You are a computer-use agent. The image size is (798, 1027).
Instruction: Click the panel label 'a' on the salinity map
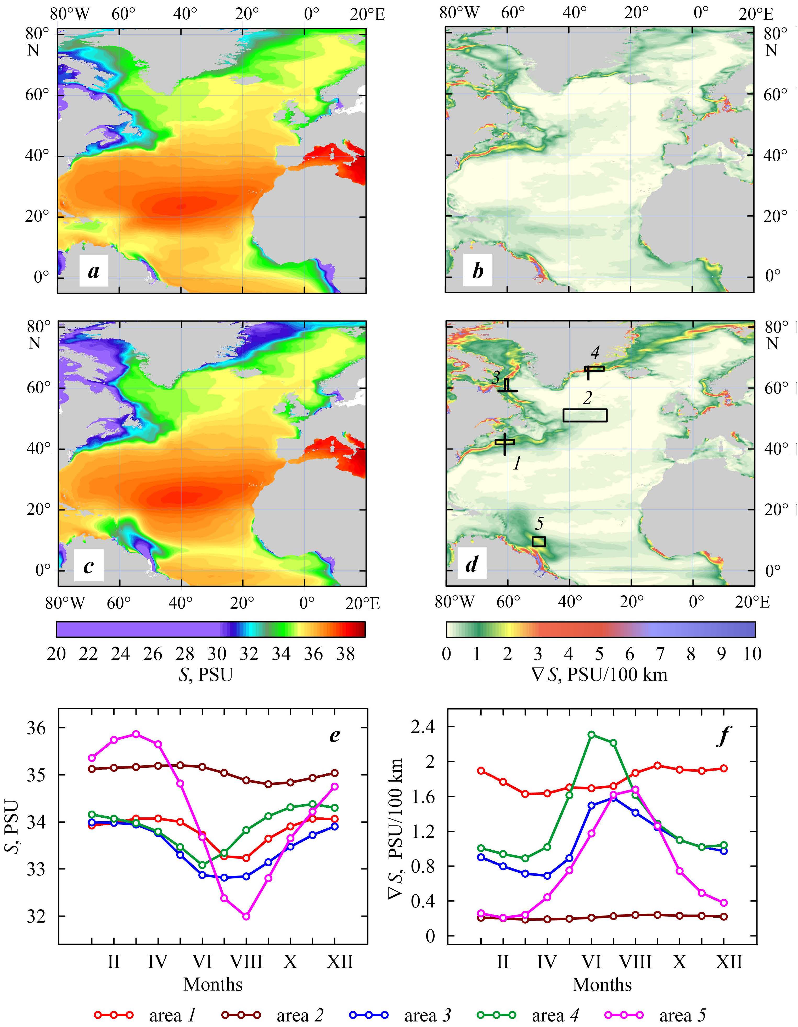94,271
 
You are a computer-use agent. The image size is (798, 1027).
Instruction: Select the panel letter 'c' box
88,566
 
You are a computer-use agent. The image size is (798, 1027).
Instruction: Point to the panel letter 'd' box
472,564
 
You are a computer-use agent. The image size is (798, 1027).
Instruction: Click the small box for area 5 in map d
538,542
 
